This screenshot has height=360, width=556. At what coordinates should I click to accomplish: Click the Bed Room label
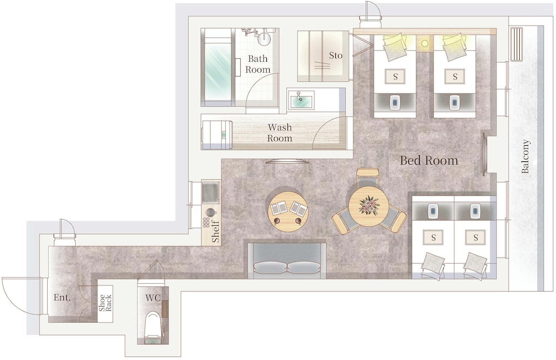[429, 160]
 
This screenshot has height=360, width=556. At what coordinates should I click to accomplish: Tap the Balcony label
[525, 156]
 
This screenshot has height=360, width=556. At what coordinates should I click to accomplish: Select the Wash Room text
[280, 132]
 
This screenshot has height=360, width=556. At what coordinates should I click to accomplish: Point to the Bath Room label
[258, 64]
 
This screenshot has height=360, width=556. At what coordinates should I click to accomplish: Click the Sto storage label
[336, 56]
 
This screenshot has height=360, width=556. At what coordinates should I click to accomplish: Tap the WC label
[153, 298]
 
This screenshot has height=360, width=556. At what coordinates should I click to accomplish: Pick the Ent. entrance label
[62, 297]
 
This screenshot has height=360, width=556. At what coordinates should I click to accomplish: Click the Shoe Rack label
[105, 303]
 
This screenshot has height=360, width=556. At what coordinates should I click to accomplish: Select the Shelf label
[216, 231]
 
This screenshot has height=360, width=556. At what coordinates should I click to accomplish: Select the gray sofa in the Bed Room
[286, 260]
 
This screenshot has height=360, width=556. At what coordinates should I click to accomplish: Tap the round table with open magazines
[288, 211]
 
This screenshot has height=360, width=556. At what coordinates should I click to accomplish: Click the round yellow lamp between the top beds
[424, 43]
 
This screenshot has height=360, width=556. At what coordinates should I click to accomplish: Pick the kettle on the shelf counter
[210, 213]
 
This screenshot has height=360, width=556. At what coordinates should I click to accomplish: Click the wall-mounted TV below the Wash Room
[287, 161]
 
